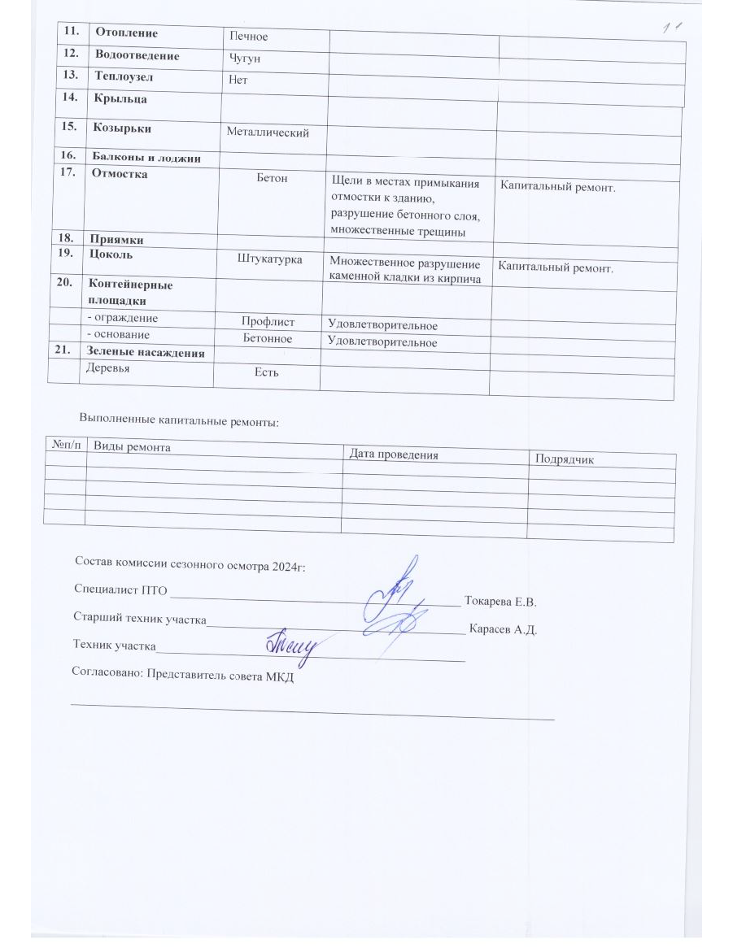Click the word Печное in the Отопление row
pyautogui.click(x=249, y=37)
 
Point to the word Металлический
pyautogui.click(x=268, y=133)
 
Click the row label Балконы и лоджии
pyautogui.click(x=146, y=159)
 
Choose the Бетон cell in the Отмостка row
pyautogui.click(x=272, y=178)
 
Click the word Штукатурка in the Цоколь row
pyautogui.click(x=270, y=259)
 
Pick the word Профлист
pyautogui.click(x=268, y=323)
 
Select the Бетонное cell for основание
pyautogui.click(x=268, y=338)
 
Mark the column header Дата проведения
pyautogui.click(x=393, y=455)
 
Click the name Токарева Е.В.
pyautogui.click(x=500, y=602)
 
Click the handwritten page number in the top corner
pyautogui.click(x=672, y=30)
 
